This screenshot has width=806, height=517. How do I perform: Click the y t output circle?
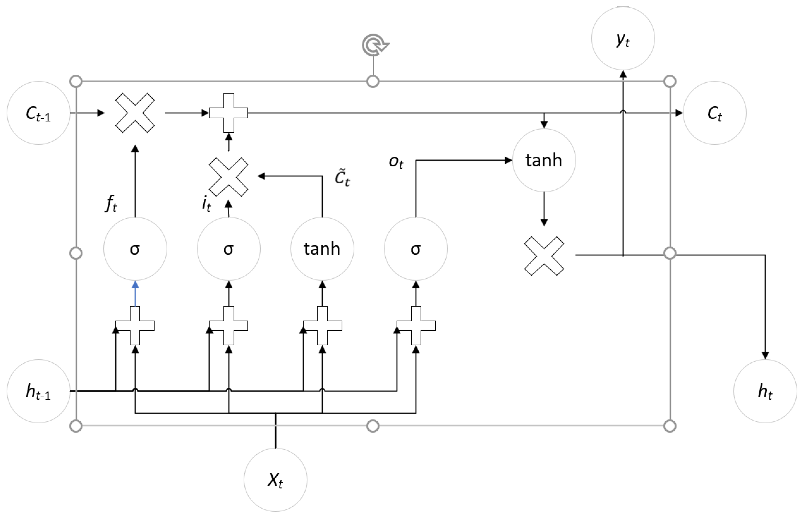click(x=623, y=39)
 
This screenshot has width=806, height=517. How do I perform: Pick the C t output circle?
click(x=714, y=113)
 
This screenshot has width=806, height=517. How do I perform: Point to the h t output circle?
click(x=765, y=391)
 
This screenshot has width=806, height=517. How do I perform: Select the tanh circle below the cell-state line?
click(x=544, y=160)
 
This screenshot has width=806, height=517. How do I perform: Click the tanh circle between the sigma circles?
click(x=322, y=249)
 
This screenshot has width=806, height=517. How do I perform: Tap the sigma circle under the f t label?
click(x=135, y=249)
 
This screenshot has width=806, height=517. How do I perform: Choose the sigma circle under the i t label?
click(x=228, y=249)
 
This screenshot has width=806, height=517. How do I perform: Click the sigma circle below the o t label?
click(x=416, y=249)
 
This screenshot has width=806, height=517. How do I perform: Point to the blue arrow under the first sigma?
click(x=135, y=294)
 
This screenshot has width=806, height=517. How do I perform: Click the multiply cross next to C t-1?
click(x=135, y=113)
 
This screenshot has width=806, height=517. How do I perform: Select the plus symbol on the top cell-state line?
click(x=228, y=113)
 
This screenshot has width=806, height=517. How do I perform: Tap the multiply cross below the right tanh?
click(x=544, y=256)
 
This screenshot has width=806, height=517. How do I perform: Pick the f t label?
click(x=111, y=203)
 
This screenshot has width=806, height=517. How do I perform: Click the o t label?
click(x=396, y=162)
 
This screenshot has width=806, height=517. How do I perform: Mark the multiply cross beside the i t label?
click(x=228, y=177)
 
